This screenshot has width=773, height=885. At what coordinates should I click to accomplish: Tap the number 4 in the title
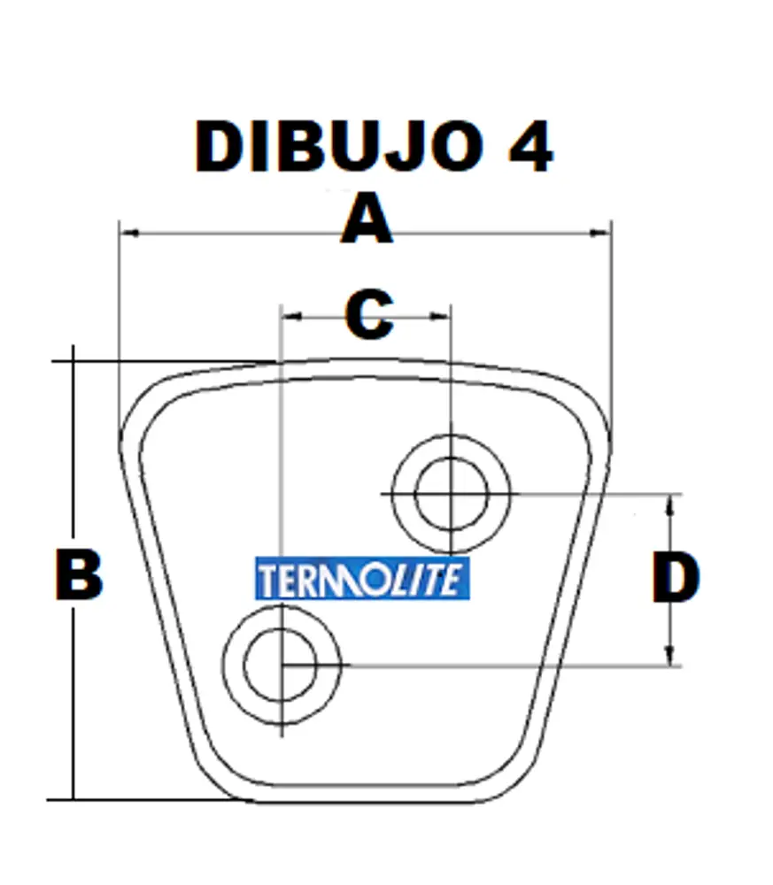(x=530, y=146)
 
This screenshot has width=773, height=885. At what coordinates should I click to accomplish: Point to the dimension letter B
(x=79, y=576)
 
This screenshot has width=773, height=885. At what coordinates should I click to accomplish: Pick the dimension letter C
(x=368, y=315)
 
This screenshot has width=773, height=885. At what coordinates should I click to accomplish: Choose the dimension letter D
(x=676, y=577)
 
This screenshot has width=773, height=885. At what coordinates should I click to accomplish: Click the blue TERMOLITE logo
(x=362, y=580)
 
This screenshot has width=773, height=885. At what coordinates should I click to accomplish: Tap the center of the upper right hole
(x=451, y=494)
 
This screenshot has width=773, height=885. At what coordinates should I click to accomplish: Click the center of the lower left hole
(x=281, y=664)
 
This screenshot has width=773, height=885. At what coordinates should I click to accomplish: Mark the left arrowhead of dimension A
(x=126, y=233)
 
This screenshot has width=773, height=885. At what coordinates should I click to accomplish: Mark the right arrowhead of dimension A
(x=605, y=233)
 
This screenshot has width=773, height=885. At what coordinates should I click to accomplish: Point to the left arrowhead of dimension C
(x=286, y=315)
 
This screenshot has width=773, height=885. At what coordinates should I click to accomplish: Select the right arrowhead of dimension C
(x=445, y=315)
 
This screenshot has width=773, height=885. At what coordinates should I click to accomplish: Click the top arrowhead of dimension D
(x=671, y=501)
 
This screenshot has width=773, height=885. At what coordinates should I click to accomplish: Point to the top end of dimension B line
(x=73, y=349)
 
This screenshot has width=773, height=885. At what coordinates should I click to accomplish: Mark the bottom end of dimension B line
(x=73, y=798)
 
